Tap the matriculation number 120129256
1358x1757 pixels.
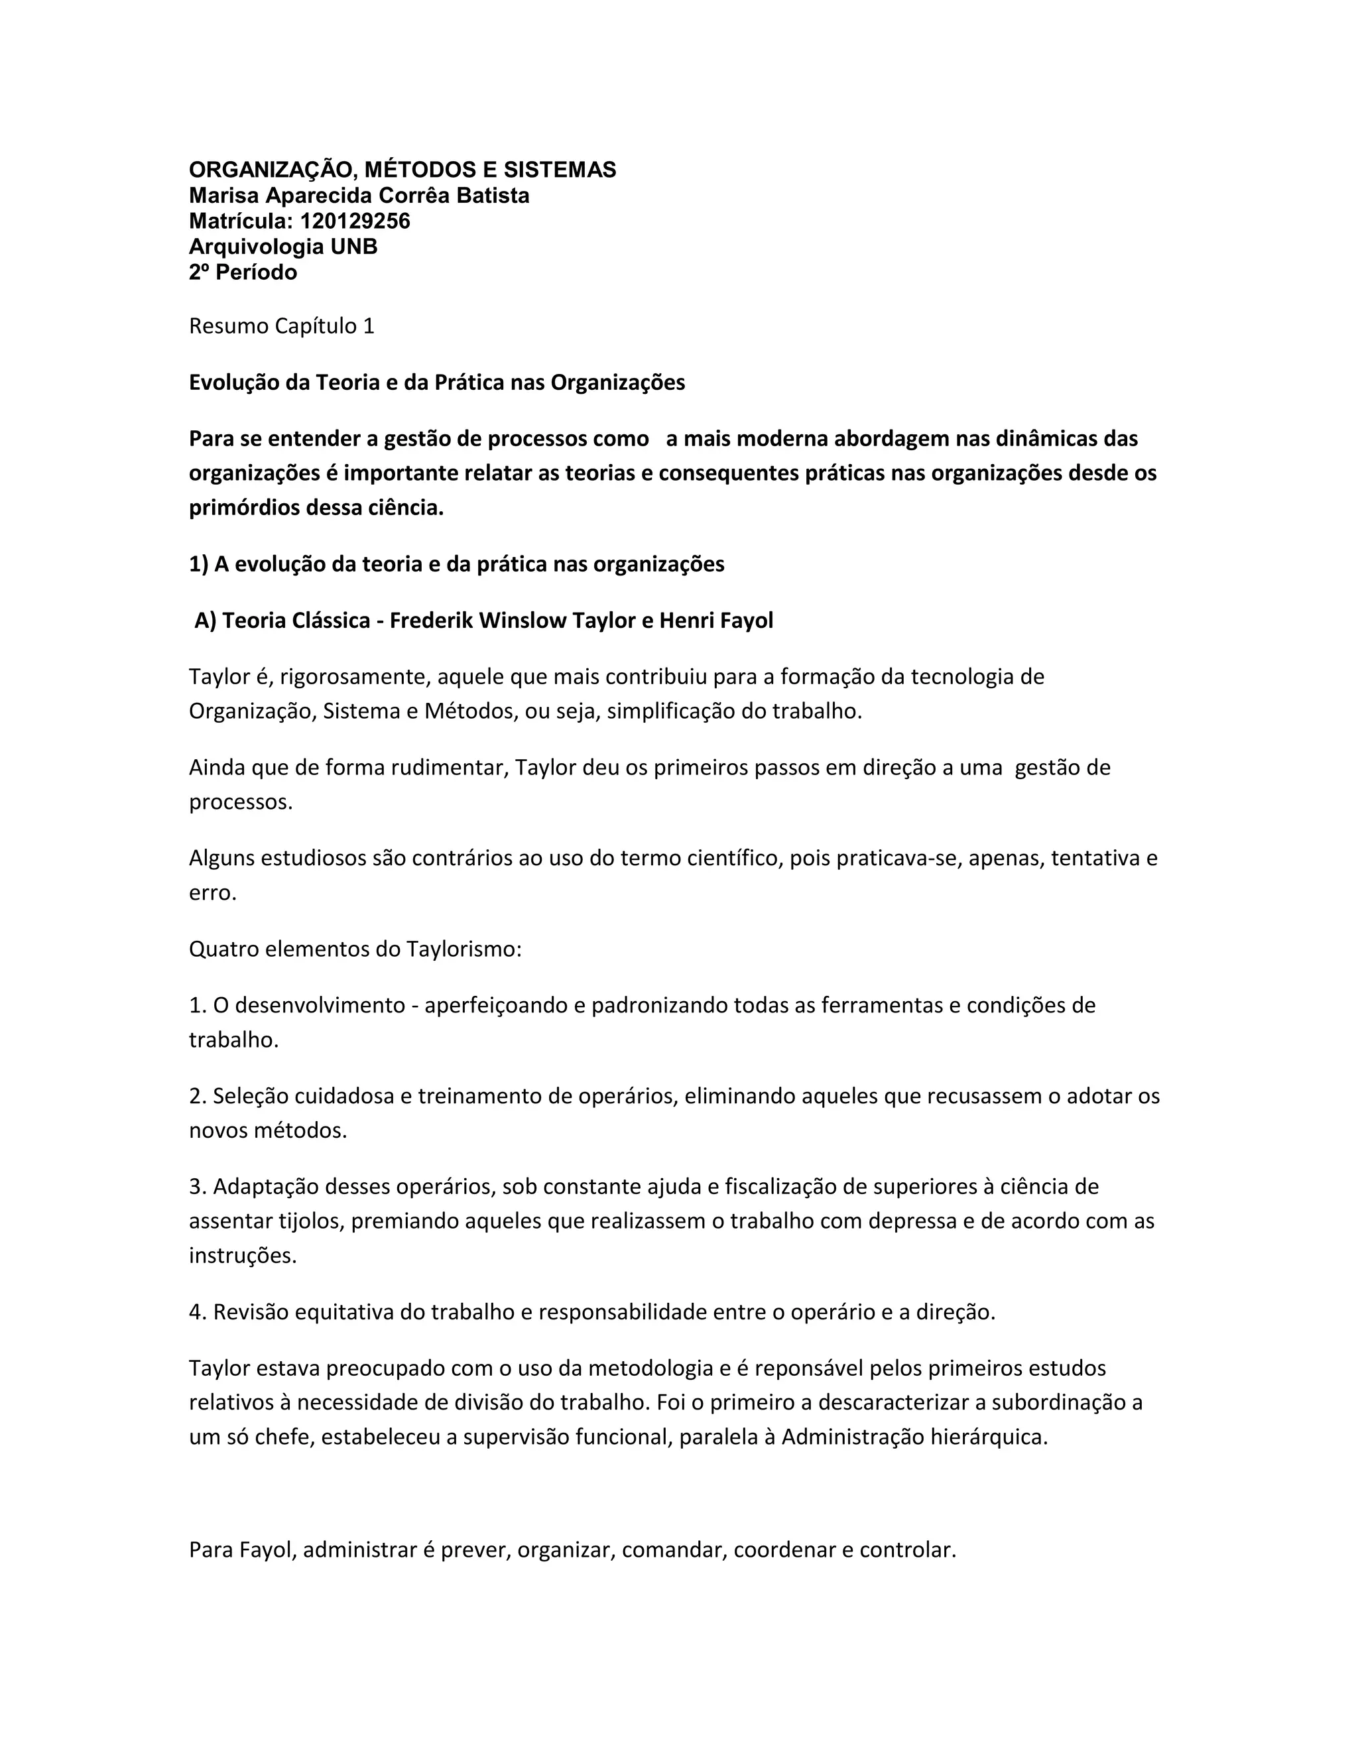click(x=355, y=221)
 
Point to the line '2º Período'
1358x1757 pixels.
click(x=243, y=272)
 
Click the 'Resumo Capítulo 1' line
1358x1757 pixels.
click(x=282, y=326)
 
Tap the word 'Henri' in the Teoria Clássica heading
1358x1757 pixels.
click(x=688, y=621)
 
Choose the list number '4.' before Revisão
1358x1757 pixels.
click(x=198, y=1312)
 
